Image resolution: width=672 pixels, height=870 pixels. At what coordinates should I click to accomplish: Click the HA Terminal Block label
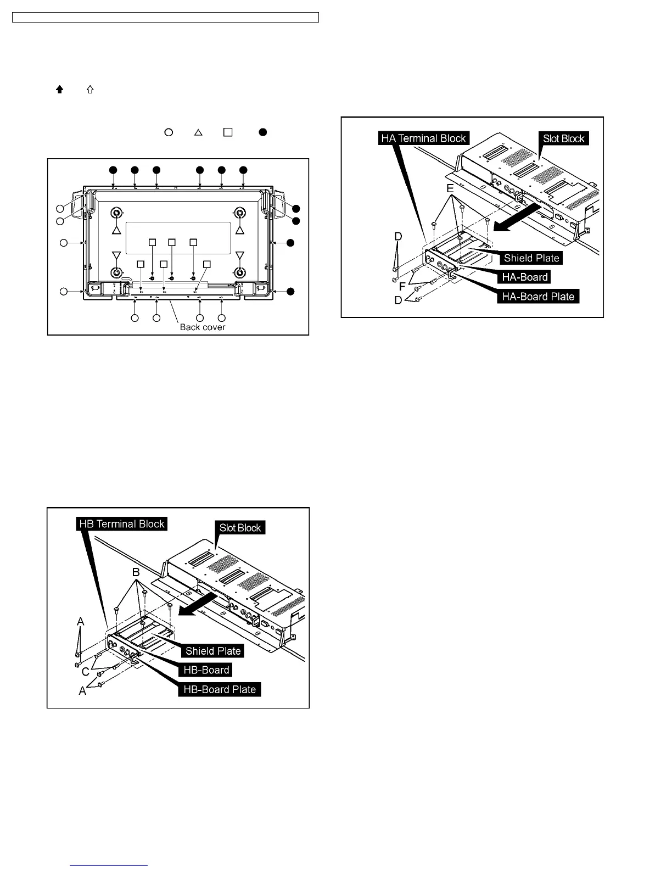pyautogui.click(x=423, y=138)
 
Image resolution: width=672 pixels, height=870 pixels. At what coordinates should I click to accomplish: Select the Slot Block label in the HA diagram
pyautogui.click(x=563, y=138)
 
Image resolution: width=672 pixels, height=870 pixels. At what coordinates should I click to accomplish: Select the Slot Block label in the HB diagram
pyautogui.click(x=240, y=528)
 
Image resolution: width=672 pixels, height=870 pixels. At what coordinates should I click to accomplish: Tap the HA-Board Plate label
pyautogui.click(x=538, y=297)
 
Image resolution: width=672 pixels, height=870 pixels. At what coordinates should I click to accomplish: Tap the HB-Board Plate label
pyautogui.click(x=220, y=689)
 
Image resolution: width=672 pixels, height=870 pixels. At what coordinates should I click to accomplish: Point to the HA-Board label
pyautogui.click(x=525, y=277)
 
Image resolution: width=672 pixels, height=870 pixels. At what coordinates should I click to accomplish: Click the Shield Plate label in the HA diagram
pyautogui.click(x=531, y=258)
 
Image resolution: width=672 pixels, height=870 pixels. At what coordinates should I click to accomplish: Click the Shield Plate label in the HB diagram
pyautogui.click(x=213, y=651)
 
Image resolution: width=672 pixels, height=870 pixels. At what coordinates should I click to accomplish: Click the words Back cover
pyautogui.click(x=203, y=327)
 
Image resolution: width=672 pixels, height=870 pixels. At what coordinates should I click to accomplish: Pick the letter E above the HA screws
pyautogui.click(x=450, y=188)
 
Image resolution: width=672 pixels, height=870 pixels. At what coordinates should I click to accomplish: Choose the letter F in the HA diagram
pyautogui.click(x=402, y=287)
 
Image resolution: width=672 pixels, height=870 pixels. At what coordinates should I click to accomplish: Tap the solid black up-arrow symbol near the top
pyautogui.click(x=60, y=90)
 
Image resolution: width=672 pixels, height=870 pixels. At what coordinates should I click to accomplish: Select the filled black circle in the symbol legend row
pyautogui.click(x=264, y=132)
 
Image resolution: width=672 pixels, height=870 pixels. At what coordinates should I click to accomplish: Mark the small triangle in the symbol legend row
pyautogui.click(x=199, y=132)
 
